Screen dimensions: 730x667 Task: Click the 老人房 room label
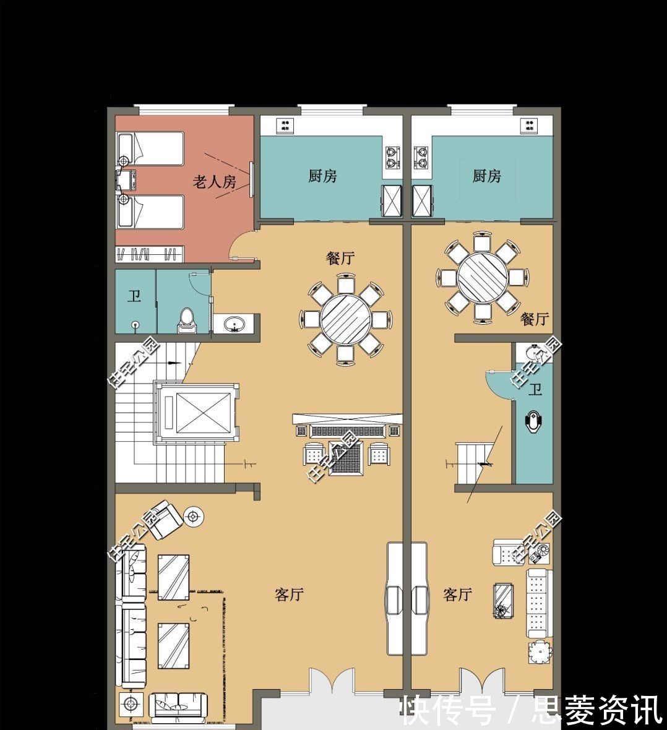pyautogui.click(x=214, y=182)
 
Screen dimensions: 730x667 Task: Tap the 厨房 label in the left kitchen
pyautogui.click(x=322, y=176)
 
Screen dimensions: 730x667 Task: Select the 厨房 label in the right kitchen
pyautogui.click(x=486, y=176)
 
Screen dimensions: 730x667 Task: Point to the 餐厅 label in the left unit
pyautogui.click(x=340, y=258)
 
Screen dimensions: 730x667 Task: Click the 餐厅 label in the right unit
pyautogui.click(x=535, y=319)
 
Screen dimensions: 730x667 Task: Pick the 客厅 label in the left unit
pyautogui.click(x=289, y=595)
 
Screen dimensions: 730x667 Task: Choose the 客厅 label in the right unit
pyautogui.click(x=458, y=595)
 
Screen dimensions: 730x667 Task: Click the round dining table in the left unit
pyautogui.click(x=345, y=319)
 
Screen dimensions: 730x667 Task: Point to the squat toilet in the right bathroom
pyautogui.click(x=533, y=422)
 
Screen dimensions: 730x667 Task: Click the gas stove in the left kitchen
pyautogui.click(x=392, y=157)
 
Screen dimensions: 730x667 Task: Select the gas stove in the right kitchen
pyautogui.click(x=421, y=157)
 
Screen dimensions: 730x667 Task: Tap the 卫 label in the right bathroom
pyautogui.click(x=535, y=390)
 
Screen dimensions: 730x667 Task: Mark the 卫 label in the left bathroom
pyautogui.click(x=134, y=296)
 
